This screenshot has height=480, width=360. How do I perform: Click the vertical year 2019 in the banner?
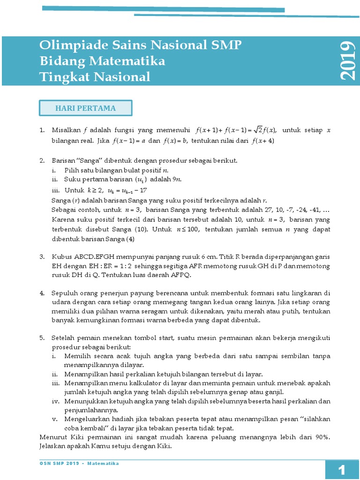click(347, 61)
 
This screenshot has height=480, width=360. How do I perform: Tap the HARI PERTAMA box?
click(85, 108)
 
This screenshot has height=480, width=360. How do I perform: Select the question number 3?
click(42, 257)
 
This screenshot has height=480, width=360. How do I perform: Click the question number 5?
click(42, 337)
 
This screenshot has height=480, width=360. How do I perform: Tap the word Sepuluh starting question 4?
click(65, 293)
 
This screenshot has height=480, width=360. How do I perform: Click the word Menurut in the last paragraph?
click(52, 437)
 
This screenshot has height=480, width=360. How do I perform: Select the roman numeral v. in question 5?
click(55, 419)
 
